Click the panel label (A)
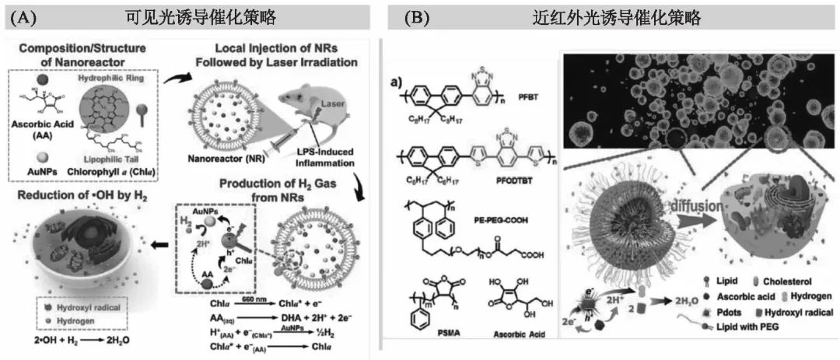click(x=28, y=16)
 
